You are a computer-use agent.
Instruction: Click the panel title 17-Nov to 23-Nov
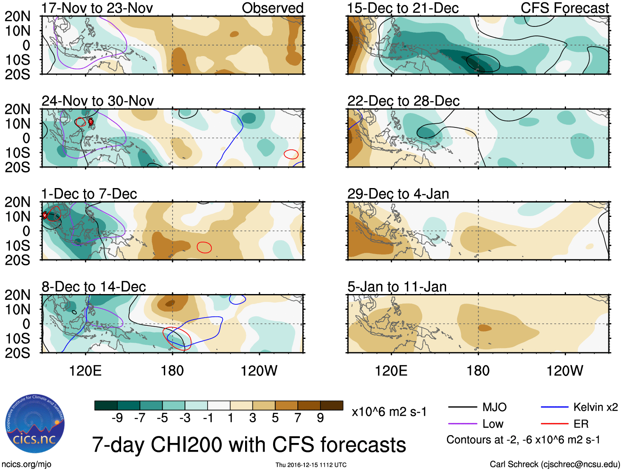click(97, 8)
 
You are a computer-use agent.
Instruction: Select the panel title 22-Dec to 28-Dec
click(403, 101)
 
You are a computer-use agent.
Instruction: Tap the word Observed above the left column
click(272, 8)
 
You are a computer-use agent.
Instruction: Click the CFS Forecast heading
click(565, 8)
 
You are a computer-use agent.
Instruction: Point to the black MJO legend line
click(462, 407)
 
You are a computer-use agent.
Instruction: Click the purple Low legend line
click(462, 424)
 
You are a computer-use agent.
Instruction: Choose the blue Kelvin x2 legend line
click(554, 407)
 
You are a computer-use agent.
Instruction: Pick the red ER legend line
click(554, 424)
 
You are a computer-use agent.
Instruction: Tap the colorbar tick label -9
click(117, 418)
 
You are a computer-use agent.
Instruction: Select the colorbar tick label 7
click(298, 418)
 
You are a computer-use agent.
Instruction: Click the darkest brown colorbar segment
click(332, 405)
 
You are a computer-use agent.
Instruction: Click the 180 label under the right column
click(478, 371)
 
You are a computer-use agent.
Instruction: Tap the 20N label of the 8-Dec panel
click(17, 295)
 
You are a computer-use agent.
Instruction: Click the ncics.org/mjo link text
click(26, 464)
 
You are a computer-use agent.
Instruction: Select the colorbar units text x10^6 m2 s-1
click(389, 412)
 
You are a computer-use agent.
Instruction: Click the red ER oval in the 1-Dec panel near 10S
click(204, 247)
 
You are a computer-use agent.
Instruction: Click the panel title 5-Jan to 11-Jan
click(397, 287)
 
